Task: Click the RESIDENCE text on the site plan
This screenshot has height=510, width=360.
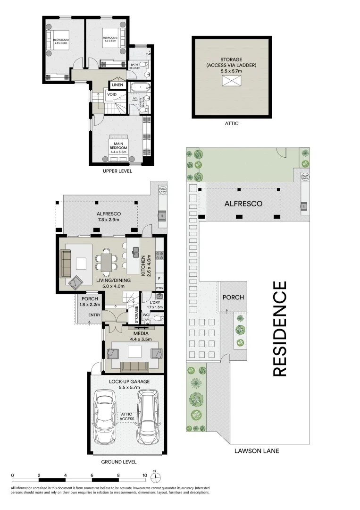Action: (x=280, y=329)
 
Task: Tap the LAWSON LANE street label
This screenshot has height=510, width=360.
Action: (x=257, y=451)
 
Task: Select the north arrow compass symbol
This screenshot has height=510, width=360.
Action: (x=158, y=476)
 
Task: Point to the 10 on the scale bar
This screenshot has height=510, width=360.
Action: (x=145, y=476)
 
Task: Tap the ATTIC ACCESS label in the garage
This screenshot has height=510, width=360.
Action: (x=127, y=416)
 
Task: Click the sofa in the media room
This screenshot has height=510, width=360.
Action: (x=134, y=367)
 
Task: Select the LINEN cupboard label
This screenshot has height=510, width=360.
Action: (x=117, y=85)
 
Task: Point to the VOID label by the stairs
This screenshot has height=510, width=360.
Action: (x=112, y=94)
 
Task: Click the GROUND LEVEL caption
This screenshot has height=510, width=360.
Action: (x=119, y=462)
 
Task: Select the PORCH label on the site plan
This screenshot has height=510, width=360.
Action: (x=233, y=297)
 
